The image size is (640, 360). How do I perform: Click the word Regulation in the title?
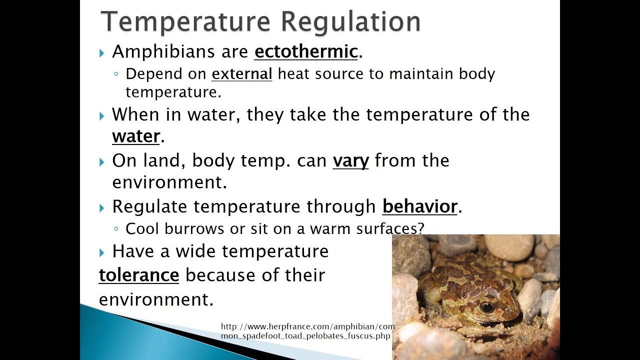pos(350,22)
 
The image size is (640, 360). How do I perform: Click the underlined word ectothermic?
pos(306,51)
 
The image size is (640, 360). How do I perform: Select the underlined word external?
pos(242,74)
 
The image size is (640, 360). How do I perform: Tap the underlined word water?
pos(136,136)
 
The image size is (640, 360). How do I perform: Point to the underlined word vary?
pos(350,160)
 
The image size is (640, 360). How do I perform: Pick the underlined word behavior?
pos(420,206)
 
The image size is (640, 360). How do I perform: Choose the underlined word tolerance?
pos(139,275)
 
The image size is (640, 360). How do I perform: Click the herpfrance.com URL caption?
pos(307,331)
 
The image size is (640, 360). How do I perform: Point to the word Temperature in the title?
pos(188,22)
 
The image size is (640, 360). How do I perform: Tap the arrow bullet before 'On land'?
pos(102,162)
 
